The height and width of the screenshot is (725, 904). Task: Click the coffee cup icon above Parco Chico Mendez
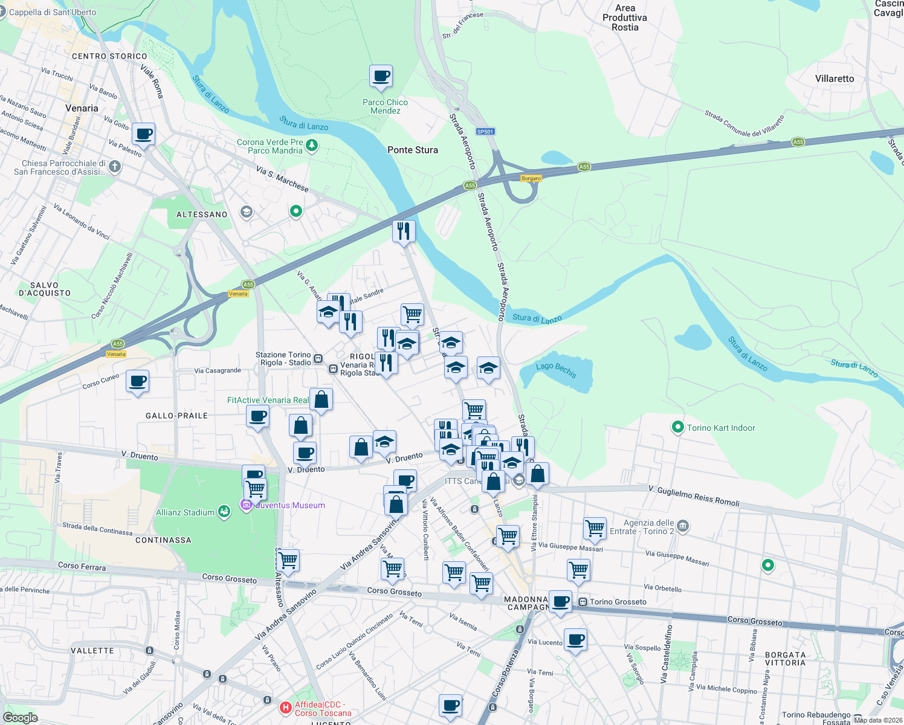pos(381,77)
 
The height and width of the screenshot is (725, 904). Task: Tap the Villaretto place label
pos(835,79)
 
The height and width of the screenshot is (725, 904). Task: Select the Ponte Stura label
pos(413,150)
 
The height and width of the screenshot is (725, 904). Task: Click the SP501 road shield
pos(485,131)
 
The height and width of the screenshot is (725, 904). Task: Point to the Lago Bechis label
pos(556,370)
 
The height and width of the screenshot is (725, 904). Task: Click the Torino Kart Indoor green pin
pos(677,428)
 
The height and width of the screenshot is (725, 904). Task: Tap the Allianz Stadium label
pos(185,512)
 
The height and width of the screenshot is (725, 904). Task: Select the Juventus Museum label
pos(291,505)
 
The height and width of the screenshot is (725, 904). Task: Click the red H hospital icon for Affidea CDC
pos(286,707)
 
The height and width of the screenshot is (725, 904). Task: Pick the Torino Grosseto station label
pos(618,602)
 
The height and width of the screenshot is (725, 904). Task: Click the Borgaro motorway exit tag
pos(531,178)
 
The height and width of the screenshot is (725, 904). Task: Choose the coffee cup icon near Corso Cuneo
pos(138,381)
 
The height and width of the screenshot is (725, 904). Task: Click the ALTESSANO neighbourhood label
pos(202,214)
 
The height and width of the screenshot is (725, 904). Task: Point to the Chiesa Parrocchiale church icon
pos(115,166)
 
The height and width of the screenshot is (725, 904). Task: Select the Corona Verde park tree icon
pos(312,145)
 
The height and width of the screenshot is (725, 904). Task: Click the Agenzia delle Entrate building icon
pos(683,526)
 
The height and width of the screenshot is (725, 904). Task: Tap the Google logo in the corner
pos(20,717)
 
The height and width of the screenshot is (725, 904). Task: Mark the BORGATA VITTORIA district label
pos(785,659)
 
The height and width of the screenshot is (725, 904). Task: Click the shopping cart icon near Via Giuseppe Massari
pos(595,527)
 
